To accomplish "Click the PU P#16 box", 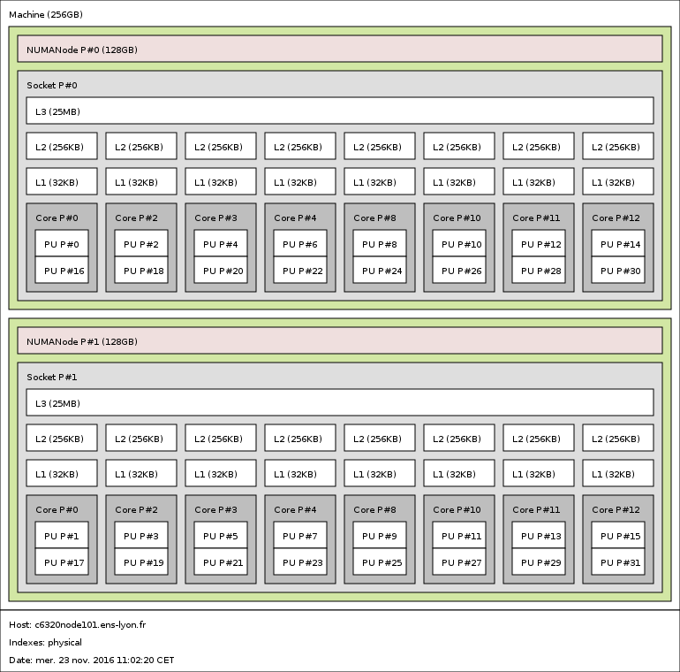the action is (x=62, y=270).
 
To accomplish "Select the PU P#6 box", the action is (x=300, y=243).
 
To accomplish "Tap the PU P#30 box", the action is (x=618, y=270).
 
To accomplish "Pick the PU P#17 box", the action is (x=62, y=561).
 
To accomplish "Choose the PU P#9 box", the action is (x=380, y=535).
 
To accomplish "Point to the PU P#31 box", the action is (x=618, y=561).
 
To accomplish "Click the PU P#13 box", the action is (x=539, y=535).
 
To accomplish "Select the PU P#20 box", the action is (x=221, y=270).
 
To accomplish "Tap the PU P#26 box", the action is (x=459, y=270).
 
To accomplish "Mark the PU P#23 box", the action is (x=300, y=561).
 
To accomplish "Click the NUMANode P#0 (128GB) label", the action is (x=82, y=50).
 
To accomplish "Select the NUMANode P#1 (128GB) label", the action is (x=82, y=341).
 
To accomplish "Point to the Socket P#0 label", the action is (x=52, y=85).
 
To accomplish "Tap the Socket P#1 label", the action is (x=52, y=377).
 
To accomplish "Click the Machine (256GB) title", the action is (x=46, y=15).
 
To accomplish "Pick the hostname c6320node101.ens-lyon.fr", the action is (x=90, y=624).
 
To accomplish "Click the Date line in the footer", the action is (x=92, y=660).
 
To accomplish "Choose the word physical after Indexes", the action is (x=64, y=643).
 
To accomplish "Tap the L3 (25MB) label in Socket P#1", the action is (x=57, y=404).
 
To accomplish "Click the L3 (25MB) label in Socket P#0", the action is (x=57, y=112).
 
